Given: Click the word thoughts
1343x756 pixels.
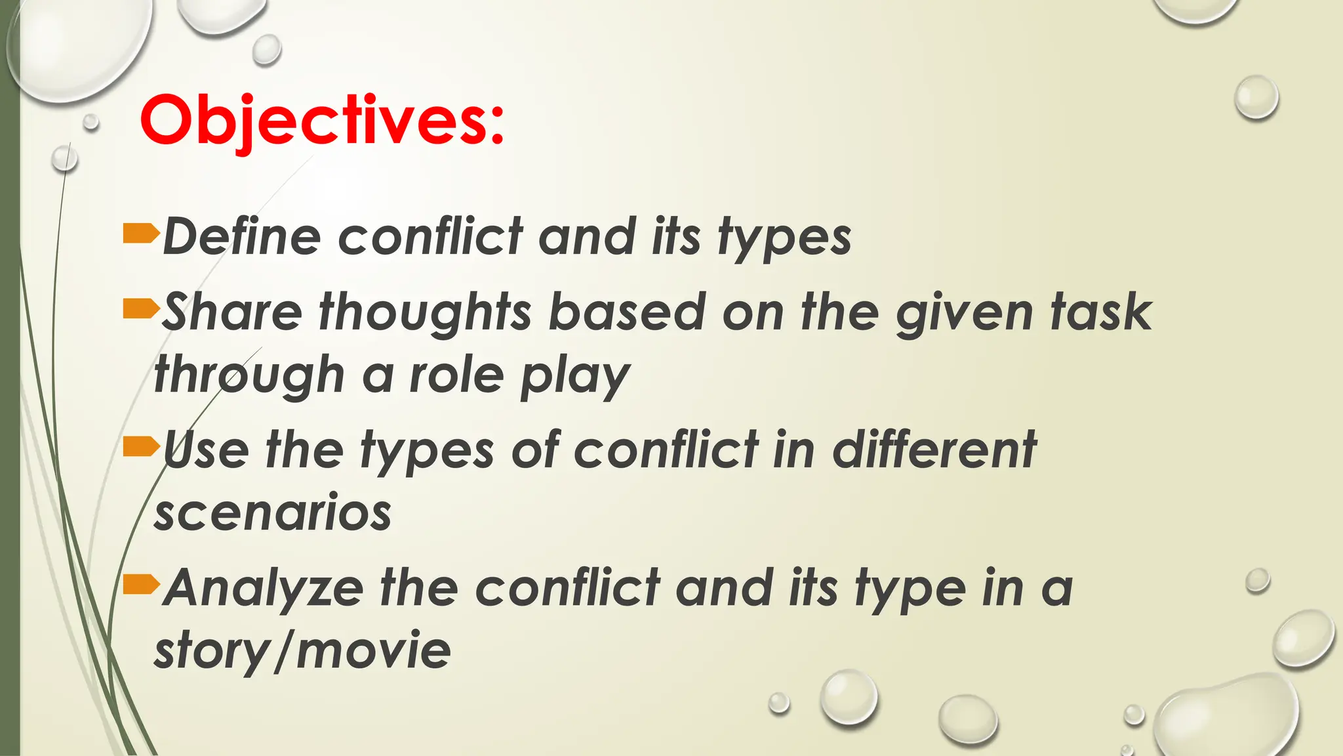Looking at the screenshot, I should (426, 314).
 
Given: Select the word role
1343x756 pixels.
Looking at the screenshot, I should (456, 375).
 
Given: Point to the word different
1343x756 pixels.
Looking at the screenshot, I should (934, 450).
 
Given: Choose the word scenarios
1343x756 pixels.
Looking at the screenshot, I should (273, 513).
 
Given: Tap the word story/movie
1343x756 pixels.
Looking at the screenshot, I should (302, 651).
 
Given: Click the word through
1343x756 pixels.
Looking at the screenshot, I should (249, 377).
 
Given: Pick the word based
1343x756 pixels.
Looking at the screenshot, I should (626, 312).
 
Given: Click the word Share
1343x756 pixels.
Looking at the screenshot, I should (232, 312).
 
